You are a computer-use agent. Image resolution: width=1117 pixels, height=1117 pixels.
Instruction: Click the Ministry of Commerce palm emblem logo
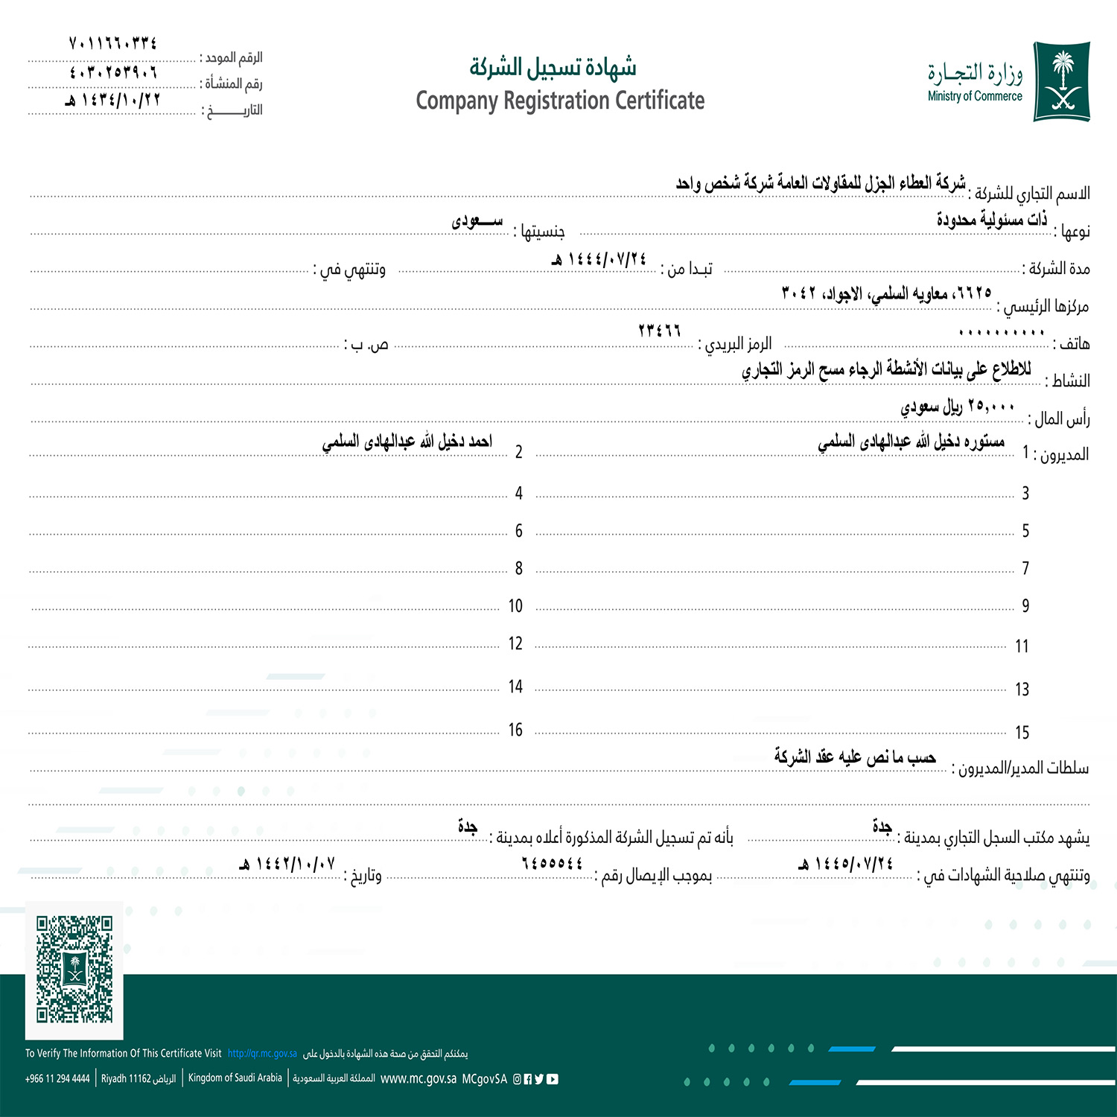tap(1062, 81)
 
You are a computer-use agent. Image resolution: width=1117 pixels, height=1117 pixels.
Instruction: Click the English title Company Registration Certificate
tap(560, 101)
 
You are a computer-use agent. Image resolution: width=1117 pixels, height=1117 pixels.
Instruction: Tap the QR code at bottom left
tap(74, 969)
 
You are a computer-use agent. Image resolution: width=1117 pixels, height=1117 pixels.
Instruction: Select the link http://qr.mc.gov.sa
tap(262, 1054)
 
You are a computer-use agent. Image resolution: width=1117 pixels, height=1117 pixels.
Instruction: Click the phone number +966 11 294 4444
tap(57, 1078)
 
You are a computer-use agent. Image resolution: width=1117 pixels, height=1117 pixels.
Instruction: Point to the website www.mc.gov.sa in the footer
tap(418, 1078)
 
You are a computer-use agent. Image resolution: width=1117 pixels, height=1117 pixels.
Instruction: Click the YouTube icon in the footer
tap(553, 1079)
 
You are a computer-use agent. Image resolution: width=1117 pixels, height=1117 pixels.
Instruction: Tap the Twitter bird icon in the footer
tap(540, 1079)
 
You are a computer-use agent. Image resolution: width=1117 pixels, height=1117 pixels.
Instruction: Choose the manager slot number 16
tap(515, 730)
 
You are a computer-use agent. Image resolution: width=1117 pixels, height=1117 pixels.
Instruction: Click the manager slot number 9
tap(1025, 605)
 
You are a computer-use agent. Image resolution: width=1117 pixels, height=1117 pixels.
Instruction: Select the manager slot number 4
tap(518, 493)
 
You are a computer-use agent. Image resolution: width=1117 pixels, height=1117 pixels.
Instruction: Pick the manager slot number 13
tap(1022, 689)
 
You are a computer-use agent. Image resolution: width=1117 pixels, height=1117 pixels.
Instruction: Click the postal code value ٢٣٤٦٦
tap(660, 331)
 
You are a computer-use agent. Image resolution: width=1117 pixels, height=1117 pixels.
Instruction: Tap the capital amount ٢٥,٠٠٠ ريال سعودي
tap(958, 407)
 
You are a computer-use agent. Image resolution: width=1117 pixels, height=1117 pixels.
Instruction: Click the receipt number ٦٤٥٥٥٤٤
tap(553, 863)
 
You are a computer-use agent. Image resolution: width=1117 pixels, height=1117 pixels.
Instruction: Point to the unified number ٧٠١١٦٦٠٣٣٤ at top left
tap(112, 43)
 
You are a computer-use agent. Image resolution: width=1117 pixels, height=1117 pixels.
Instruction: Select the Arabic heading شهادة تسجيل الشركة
tap(553, 68)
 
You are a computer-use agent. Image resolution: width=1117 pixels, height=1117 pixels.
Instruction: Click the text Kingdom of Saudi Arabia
tap(235, 1078)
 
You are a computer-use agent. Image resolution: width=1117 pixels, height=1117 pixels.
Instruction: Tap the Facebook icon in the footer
tap(528, 1079)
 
